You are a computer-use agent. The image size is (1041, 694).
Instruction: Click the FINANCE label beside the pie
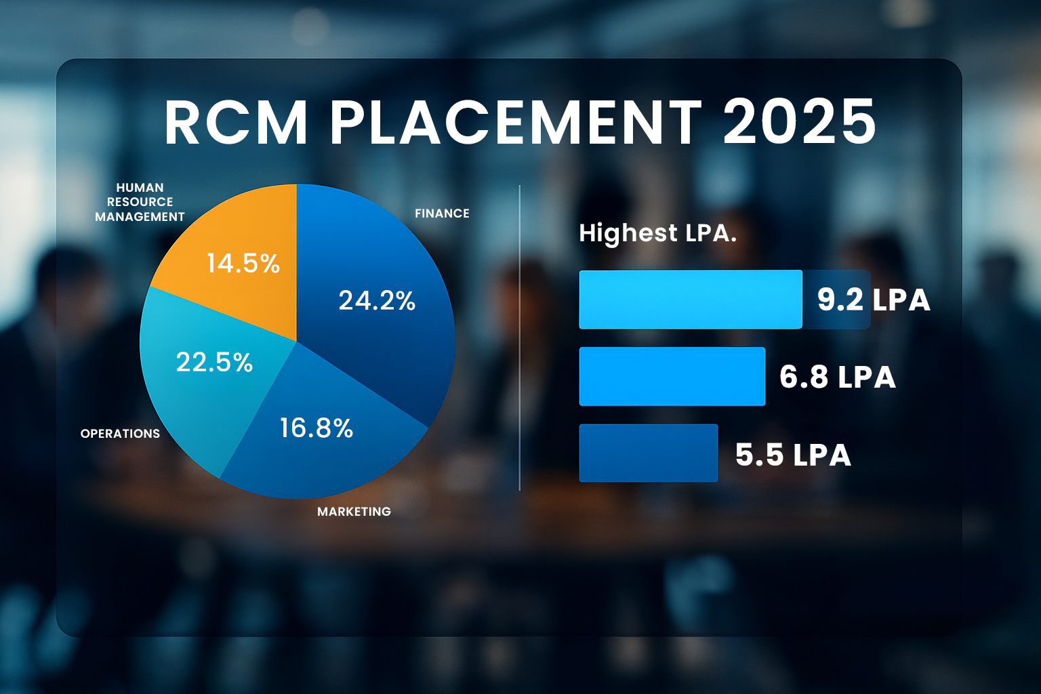(442, 213)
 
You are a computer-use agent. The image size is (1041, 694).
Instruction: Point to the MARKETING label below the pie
(354, 512)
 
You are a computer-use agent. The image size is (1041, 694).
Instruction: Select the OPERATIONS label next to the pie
(120, 434)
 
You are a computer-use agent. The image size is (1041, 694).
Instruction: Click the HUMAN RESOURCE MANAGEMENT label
(140, 202)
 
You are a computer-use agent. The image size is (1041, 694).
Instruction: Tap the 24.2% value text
(377, 300)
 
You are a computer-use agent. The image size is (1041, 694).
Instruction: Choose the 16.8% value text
(317, 428)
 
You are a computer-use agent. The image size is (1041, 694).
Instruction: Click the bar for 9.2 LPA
(690, 300)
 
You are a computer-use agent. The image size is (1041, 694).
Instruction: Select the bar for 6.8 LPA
(672, 377)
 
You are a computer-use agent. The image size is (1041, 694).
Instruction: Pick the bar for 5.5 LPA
(648, 453)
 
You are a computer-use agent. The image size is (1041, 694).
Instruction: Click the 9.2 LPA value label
(873, 300)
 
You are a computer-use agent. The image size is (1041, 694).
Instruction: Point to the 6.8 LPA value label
(838, 377)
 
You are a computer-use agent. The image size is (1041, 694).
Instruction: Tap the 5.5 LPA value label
(793, 455)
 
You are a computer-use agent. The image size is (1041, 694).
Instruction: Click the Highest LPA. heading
(657, 234)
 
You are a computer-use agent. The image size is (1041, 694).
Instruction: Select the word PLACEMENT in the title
(515, 122)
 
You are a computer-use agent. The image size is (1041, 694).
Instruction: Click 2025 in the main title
(800, 122)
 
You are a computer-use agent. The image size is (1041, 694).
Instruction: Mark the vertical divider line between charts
(519, 339)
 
